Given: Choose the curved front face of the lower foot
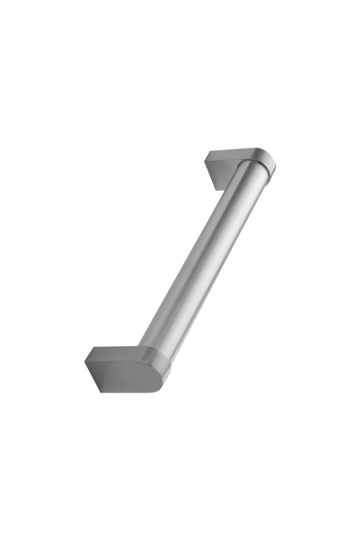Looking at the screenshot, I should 125,377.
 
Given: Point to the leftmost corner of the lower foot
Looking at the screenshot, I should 85,361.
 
